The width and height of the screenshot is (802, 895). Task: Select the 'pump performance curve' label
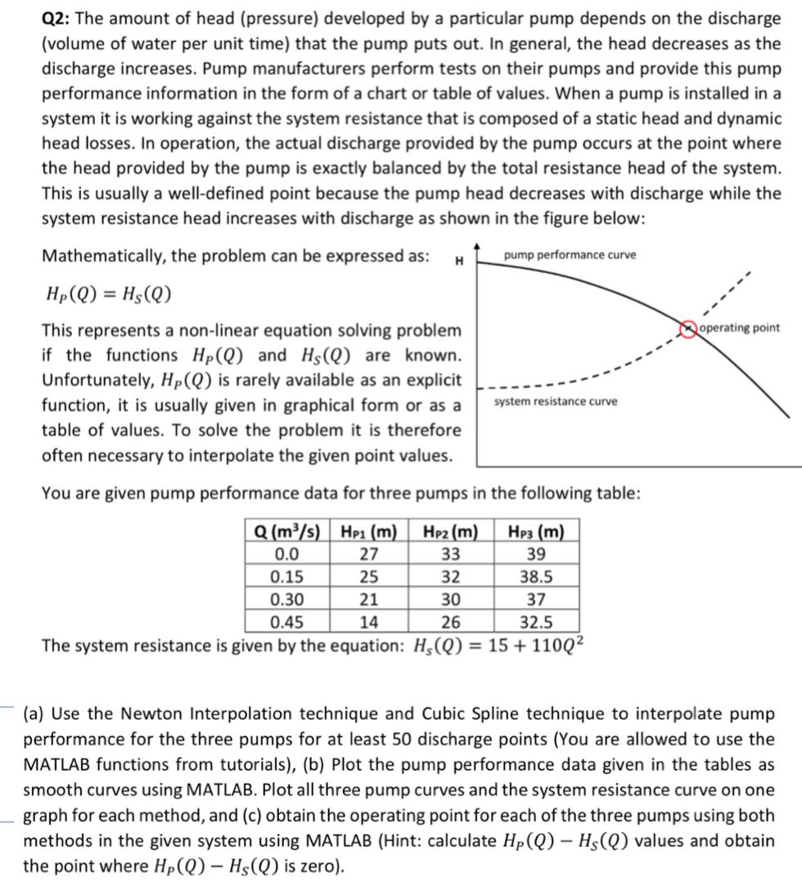click(570, 255)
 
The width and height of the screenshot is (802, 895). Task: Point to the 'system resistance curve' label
click(556, 401)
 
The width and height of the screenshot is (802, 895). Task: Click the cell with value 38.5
click(536, 577)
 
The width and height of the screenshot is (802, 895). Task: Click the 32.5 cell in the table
click(536, 620)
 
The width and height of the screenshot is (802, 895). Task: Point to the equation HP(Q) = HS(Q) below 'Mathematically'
click(107, 295)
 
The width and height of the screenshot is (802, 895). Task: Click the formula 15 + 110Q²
click(535, 645)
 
